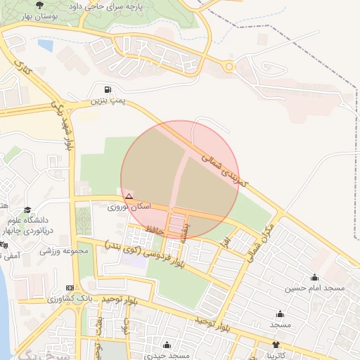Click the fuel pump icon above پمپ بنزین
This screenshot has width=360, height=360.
click(x=107, y=89)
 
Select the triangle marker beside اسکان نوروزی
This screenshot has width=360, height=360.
click(x=129, y=195)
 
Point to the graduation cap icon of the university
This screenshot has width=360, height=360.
click(x=27, y=210)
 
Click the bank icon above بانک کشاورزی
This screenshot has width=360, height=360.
click(x=69, y=288)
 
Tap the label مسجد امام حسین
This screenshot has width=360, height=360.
click(x=314, y=288)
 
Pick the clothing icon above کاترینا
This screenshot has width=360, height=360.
click(x=275, y=345)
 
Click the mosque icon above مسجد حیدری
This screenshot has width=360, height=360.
click(x=167, y=345)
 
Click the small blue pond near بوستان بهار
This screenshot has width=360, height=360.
click(x=46, y=46)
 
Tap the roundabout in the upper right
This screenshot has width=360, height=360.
click(x=229, y=67)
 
